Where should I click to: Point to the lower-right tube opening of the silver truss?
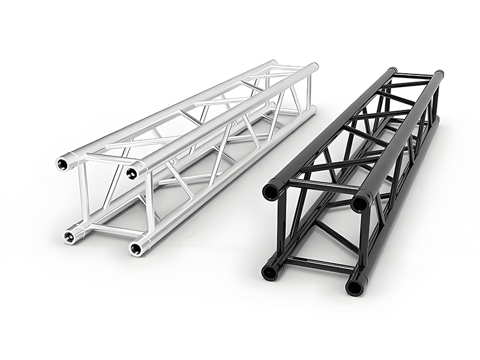coord(137,247)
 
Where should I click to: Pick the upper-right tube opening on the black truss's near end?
coord(360,203)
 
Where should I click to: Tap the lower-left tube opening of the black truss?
coord(269,272)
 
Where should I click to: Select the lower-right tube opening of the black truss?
coord(355,287)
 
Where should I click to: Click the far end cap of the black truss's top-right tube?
coord(439,76)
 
